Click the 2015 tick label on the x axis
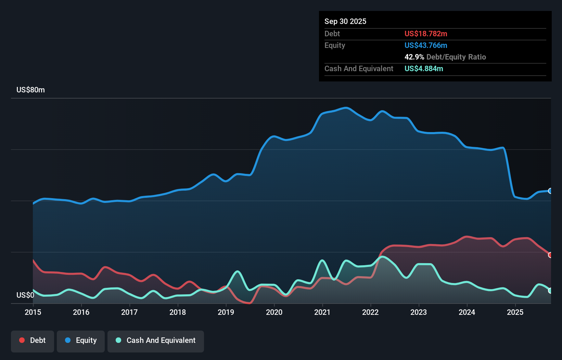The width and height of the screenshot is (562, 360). pyautogui.click(x=33, y=312)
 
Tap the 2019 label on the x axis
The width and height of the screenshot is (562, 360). pyautogui.click(x=226, y=312)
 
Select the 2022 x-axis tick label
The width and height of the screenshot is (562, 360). pyautogui.click(x=370, y=312)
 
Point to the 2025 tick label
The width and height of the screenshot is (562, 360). pyautogui.click(x=515, y=312)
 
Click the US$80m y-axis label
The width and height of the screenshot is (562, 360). pyautogui.click(x=30, y=90)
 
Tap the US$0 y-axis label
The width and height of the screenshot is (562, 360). pyautogui.click(x=25, y=295)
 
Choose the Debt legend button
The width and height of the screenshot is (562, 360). pyautogui.click(x=33, y=340)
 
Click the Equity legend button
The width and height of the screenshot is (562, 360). pyautogui.click(x=81, y=340)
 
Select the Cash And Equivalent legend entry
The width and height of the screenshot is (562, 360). pyautogui.click(x=156, y=340)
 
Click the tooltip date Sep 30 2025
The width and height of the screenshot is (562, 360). pyautogui.click(x=345, y=22)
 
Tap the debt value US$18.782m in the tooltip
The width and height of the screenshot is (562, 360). pyautogui.click(x=426, y=34)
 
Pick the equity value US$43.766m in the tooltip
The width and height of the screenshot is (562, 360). pyautogui.click(x=426, y=46)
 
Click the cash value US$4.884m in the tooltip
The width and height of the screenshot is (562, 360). pyautogui.click(x=424, y=69)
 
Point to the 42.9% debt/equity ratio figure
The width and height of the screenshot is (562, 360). pyautogui.click(x=414, y=57)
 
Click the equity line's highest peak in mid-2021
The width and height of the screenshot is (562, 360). pyautogui.click(x=346, y=108)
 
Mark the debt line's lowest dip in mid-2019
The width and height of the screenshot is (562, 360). pyautogui.click(x=249, y=303)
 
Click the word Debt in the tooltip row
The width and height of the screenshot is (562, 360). pyautogui.click(x=332, y=34)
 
